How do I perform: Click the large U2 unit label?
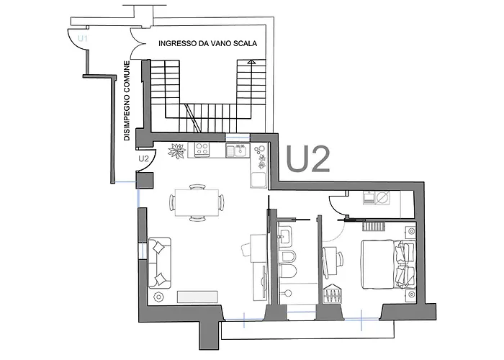308,159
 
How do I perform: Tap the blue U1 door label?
83,39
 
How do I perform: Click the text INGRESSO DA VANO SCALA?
207,43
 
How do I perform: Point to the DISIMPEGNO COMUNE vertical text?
127,101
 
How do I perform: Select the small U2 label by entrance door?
144,158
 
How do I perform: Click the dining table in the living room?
197,202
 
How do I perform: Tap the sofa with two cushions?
159,263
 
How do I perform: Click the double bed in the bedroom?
388,264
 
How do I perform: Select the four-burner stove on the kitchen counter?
202,150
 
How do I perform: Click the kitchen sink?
238,150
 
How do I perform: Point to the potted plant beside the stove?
177,150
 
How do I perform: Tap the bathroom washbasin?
285,236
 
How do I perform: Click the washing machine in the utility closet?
383,197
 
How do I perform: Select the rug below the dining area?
197,297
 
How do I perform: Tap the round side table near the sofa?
158,297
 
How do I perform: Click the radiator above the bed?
374,226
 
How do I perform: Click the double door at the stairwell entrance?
138,43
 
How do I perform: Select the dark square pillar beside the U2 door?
145,180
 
